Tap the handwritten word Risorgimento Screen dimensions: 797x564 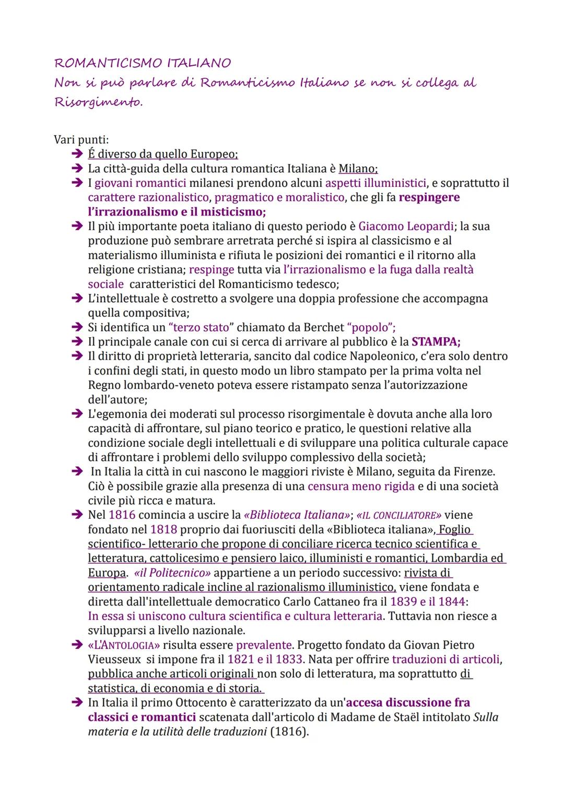coord(98,102)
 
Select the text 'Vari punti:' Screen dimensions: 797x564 coord(81,140)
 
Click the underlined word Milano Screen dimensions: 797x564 coord(357,169)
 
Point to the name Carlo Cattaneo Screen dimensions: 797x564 coord(330,601)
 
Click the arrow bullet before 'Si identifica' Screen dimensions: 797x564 coord(77,328)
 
